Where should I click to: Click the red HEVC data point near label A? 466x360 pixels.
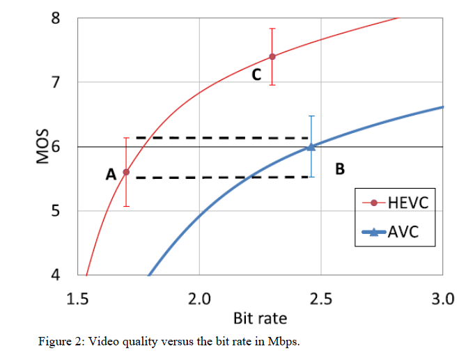(126, 172)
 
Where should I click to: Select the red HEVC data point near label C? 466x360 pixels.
(272, 56)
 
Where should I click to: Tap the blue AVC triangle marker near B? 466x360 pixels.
(311, 146)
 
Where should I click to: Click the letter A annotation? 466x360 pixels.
(111, 175)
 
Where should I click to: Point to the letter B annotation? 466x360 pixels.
(340, 169)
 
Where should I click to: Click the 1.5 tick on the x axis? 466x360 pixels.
(77, 300)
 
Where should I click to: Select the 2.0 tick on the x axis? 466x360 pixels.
(199, 300)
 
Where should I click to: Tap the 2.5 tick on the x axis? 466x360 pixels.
(321, 300)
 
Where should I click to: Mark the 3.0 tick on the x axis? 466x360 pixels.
(442, 300)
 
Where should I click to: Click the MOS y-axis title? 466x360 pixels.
(41, 146)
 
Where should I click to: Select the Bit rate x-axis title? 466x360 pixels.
(259, 318)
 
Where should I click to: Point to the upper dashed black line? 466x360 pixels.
(222, 138)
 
